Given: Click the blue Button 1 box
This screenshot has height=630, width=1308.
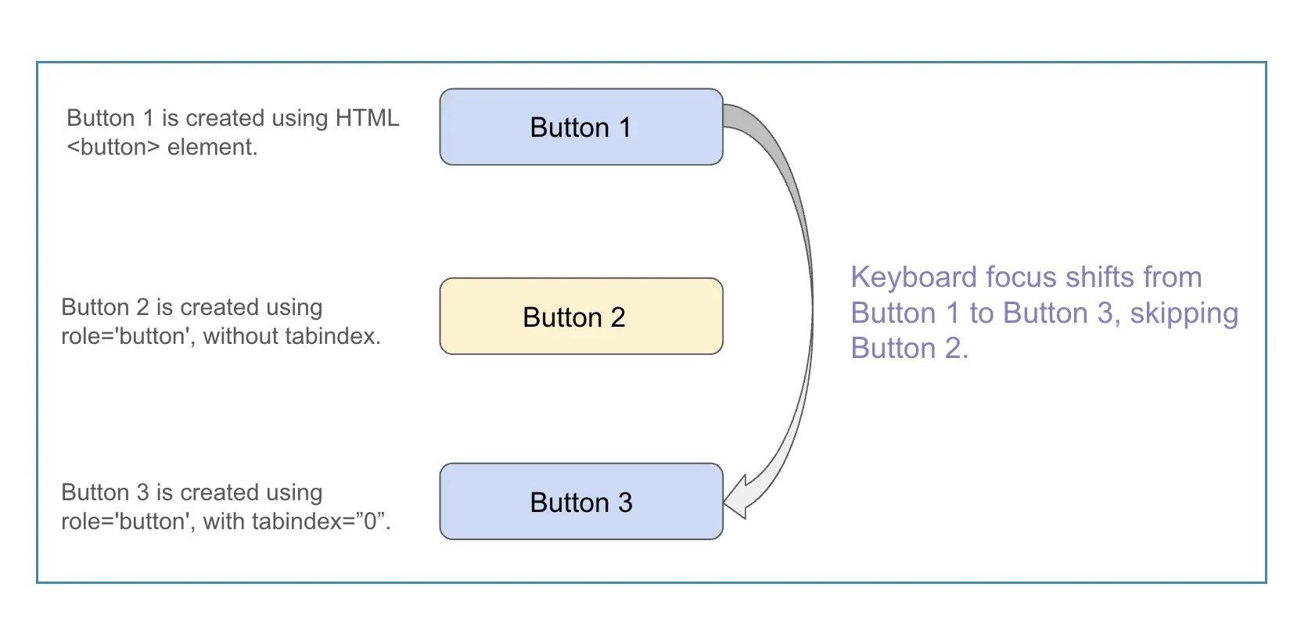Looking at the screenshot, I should tap(580, 127).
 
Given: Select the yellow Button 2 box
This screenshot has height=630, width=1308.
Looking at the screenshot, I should tap(580, 317).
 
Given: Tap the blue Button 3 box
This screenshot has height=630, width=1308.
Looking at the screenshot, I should tap(580, 501).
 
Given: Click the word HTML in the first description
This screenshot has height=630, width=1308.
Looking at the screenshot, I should tap(367, 118).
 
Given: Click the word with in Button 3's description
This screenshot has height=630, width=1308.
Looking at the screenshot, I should tap(223, 521).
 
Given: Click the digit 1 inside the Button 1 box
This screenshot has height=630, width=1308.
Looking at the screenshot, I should tap(624, 127).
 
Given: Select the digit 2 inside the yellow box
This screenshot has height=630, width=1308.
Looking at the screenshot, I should tap(617, 317).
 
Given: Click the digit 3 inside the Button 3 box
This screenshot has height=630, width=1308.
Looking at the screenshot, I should tap(624, 503).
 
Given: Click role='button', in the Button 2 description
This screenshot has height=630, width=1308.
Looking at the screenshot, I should tap(128, 336).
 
